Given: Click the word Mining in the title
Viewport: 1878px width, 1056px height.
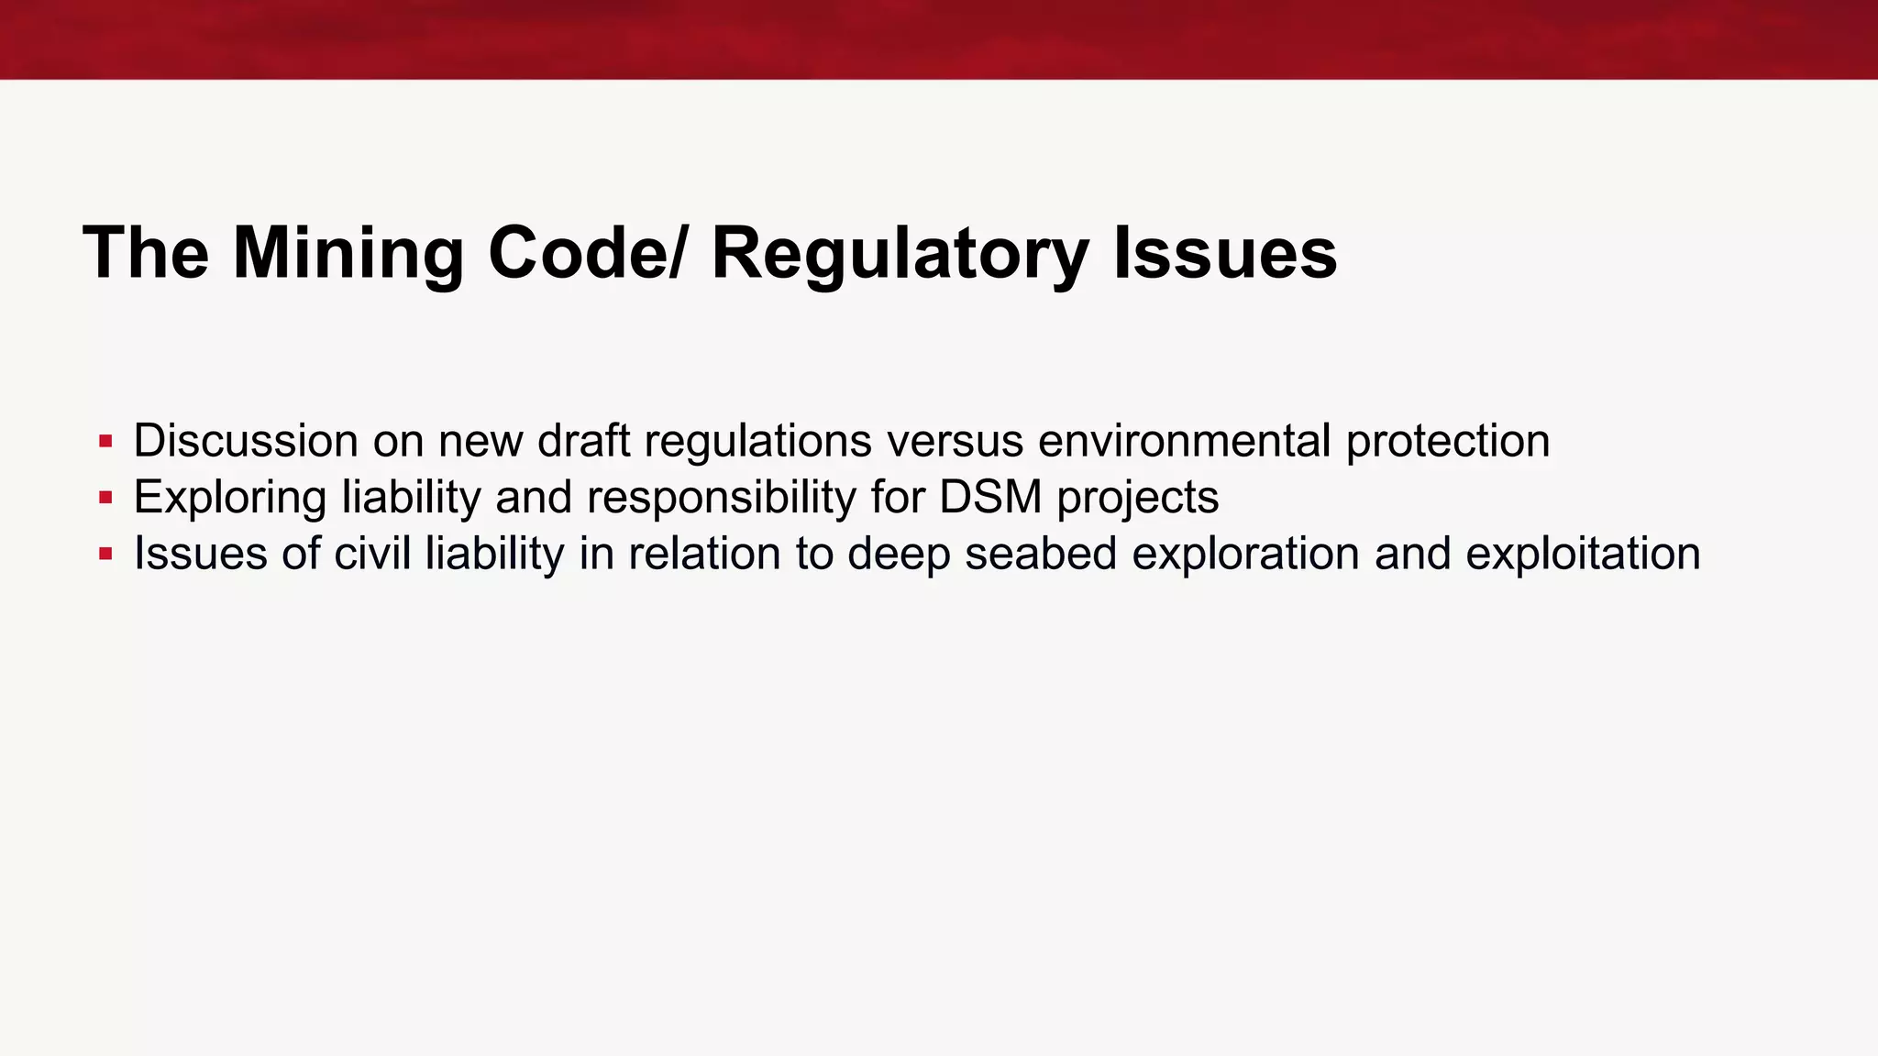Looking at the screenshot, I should (348, 254).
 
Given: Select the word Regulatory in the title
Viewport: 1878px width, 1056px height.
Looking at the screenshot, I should (900, 254).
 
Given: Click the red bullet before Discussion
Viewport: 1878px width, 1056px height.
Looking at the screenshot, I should (105, 442).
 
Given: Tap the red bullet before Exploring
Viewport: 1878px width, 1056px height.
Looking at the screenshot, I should (105, 499).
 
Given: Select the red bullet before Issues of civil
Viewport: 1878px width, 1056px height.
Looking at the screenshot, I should (105, 555).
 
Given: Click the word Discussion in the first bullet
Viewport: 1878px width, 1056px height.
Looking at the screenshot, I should (245, 441).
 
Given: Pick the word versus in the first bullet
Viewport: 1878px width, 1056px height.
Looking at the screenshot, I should (955, 441).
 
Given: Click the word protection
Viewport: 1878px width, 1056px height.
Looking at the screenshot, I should (1448, 443).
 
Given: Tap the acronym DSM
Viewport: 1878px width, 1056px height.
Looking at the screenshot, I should (990, 498).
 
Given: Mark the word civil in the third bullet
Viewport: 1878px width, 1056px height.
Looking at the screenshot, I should (372, 555).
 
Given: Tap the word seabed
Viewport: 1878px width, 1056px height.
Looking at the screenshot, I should (1041, 555).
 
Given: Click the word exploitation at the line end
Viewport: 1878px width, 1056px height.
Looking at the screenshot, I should (1583, 555).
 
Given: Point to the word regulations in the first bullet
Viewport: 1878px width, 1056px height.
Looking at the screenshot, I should (757, 443).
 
